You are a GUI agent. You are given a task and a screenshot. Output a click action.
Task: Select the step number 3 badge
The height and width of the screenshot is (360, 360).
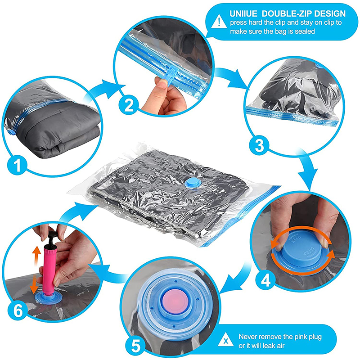click(258, 145)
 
